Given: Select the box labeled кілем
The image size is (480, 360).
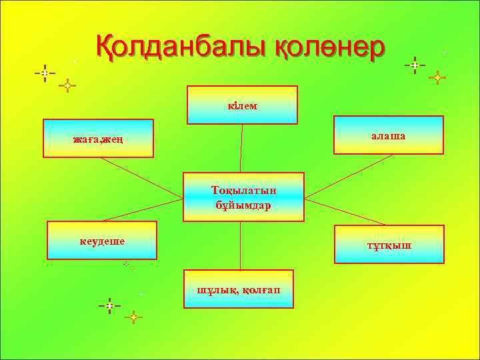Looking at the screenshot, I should pyautogui.click(x=242, y=105).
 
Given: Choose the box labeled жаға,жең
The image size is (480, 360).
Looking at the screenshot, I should pyautogui.click(x=98, y=138).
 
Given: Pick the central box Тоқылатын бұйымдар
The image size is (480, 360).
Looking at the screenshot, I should pyautogui.click(x=243, y=197).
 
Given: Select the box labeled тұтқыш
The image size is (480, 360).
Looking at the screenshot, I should pyautogui.click(x=389, y=245).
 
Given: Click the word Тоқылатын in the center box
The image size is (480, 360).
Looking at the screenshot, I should pyautogui.click(x=243, y=190).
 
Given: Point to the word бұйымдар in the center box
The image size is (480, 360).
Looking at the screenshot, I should pyautogui.click(x=243, y=205).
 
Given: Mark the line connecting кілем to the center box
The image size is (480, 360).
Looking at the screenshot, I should pyautogui.click(x=241, y=149).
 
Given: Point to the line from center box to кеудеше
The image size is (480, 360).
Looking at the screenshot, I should pyautogui.click(x=143, y=210).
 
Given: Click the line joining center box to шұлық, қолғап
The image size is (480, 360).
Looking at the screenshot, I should pyautogui.click(x=240, y=245).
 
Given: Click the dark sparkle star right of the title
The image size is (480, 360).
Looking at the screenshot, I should pyautogui.click(x=415, y=65).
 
